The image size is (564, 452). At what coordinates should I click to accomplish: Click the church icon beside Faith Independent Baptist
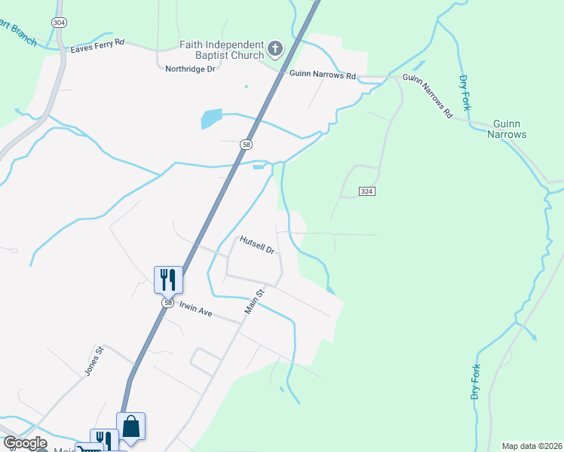click(275, 50)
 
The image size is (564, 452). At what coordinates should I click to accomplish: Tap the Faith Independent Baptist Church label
click(222, 50)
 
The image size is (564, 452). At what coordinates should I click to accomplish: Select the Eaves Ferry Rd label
click(97, 49)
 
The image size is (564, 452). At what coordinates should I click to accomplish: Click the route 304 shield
click(59, 23)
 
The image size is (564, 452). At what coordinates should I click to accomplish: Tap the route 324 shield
click(366, 191)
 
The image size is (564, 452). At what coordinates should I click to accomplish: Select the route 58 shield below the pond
click(247, 144)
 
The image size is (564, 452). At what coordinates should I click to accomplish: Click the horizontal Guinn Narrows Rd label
click(322, 75)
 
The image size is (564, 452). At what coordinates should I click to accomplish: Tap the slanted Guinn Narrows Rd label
click(427, 95)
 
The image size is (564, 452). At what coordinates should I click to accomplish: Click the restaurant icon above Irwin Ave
click(167, 279)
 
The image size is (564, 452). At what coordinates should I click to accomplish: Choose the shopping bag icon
click(131, 426)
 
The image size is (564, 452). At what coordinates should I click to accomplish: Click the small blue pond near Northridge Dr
click(212, 118)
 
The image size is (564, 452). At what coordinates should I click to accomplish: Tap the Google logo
click(25, 443)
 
